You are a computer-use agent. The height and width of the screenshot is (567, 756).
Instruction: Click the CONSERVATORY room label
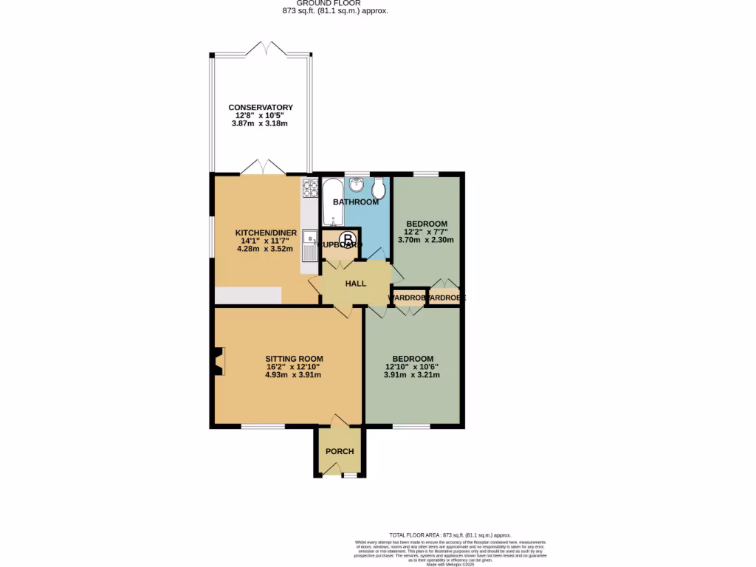coord(260,108)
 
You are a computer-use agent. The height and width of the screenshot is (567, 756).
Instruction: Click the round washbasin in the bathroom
coord(357,185)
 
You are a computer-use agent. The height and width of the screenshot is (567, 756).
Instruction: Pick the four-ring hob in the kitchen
coord(309,190)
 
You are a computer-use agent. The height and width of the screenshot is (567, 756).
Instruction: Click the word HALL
coord(356,283)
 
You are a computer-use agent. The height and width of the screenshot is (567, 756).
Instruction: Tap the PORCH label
coord(340,452)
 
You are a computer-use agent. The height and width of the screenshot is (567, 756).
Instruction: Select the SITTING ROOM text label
coord(295,359)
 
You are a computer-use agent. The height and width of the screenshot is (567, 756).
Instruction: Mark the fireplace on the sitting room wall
coord(219,362)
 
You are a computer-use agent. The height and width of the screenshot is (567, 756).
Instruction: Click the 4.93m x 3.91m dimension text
coord(293,375)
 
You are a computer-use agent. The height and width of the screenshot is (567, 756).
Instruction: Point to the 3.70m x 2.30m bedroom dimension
coord(426,240)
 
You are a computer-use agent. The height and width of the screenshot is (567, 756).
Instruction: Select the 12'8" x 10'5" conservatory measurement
coord(261,116)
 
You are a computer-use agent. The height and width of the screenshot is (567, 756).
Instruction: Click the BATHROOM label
coord(355,202)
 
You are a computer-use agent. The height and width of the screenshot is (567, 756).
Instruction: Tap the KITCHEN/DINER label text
coord(266,233)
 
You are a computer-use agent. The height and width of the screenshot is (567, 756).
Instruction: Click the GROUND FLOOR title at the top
coord(334,3)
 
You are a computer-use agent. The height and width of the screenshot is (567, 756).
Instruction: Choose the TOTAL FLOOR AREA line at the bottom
coord(450,535)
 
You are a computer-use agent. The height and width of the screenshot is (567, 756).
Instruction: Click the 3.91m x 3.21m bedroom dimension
coord(412,375)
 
